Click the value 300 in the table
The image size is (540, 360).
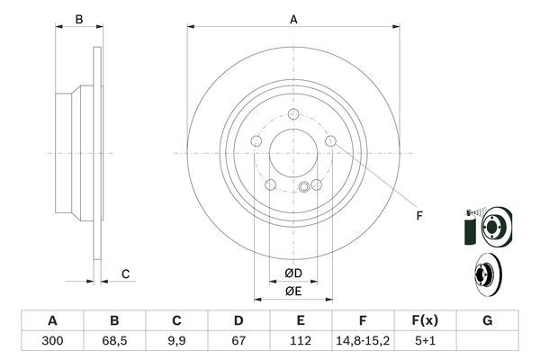point(52,341)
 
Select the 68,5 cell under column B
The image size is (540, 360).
point(114,341)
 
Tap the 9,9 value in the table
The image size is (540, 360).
point(176,341)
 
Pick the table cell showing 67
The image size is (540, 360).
point(238,341)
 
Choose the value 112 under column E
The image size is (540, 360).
point(301,341)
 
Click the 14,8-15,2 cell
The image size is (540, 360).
point(362,341)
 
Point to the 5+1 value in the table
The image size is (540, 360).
point(424,341)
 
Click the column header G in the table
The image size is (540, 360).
point(487,320)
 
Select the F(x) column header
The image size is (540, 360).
point(424,320)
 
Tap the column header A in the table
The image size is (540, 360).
point(52,320)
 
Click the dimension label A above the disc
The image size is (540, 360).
point(293,18)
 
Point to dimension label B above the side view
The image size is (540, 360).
point(78,19)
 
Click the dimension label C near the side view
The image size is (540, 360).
point(126,274)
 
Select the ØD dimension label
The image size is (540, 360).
point(293,273)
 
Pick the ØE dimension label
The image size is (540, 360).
point(293,292)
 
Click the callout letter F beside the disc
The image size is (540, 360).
point(419,215)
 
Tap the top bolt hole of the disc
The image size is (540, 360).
point(294,114)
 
